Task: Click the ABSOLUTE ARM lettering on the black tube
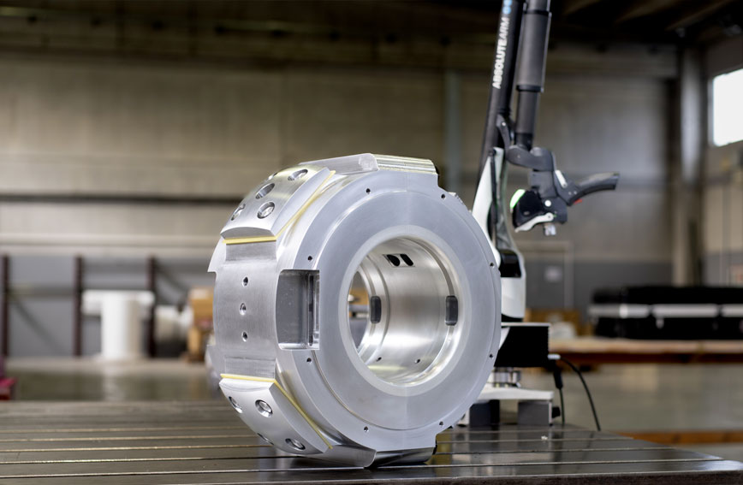[501, 52]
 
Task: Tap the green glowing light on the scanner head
[515, 198]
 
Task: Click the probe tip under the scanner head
[550, 230]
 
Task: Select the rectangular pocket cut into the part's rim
[298, 309]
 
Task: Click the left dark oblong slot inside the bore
[375, 310]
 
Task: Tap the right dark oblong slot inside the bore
[452, 311]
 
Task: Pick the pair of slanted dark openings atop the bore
[399, 259]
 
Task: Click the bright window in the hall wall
[728, 107]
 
